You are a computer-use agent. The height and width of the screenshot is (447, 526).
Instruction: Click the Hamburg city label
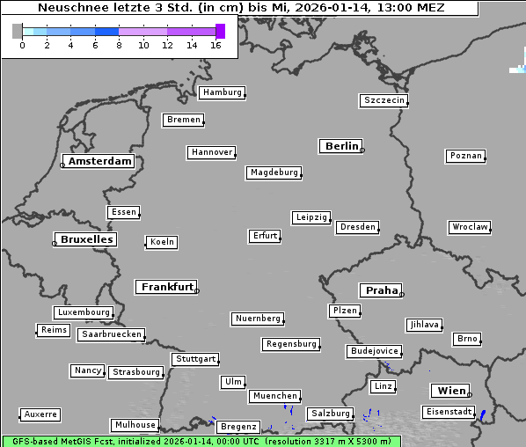[222, 92]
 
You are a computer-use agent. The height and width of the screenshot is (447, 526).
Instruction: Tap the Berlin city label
[341, 146]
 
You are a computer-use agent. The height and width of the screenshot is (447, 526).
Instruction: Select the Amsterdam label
[99, 161]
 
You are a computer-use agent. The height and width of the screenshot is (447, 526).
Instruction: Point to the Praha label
[382, 290]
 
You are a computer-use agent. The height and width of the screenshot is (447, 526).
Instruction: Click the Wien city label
[450, 391]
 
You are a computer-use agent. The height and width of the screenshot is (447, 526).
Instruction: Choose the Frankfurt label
[167, 287]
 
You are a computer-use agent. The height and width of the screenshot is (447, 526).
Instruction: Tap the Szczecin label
[384, 100]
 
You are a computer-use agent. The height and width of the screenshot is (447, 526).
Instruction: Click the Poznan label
[465, 156]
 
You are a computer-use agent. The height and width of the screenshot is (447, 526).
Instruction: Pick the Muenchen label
[274, 396]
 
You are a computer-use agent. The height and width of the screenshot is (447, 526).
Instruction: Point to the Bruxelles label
[85, 239]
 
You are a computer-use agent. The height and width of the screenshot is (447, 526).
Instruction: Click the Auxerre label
[40, 414]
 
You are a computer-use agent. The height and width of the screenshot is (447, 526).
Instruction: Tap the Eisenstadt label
[448, 412]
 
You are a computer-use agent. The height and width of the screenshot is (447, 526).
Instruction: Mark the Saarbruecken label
[111, 334]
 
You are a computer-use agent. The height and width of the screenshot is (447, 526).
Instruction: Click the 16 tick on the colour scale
[216, 45]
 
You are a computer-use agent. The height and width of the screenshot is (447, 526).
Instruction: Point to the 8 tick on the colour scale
[119, 45]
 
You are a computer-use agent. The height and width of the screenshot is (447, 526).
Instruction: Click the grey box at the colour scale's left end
[17, 31]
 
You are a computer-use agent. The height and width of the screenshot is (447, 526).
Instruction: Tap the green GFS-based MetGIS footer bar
[201, 441]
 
